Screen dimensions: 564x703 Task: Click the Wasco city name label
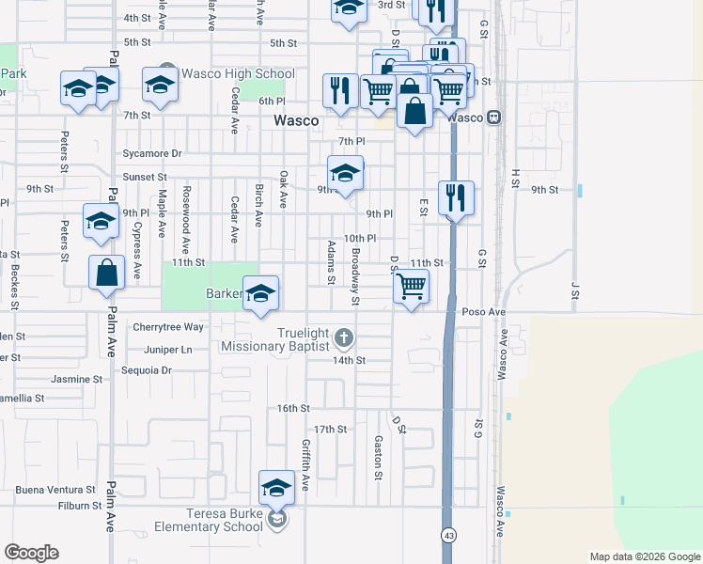[296, 121]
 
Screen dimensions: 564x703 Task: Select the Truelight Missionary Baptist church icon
[345, 337]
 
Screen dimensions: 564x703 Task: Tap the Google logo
[31, 553]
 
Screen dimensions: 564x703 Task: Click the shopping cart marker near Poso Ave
[412, 286]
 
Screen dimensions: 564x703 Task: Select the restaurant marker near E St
[456, 197]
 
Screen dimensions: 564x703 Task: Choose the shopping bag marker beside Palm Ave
[107, 273]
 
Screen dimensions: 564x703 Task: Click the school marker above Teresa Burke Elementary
[276, 487]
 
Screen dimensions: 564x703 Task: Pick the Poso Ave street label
[484, 312]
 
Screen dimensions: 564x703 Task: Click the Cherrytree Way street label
[168, 327]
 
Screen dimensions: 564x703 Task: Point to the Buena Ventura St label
[55, 490]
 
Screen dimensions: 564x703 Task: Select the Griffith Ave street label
[305, 464]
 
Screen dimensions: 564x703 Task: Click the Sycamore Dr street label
[151, 153]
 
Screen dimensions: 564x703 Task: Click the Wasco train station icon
[492, 117]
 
